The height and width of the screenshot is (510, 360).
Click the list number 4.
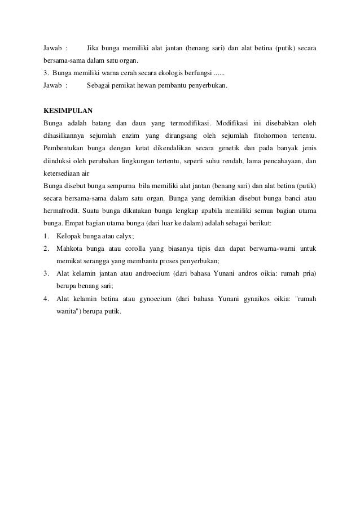(46, 299)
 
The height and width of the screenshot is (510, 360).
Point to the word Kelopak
(71, 236)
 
